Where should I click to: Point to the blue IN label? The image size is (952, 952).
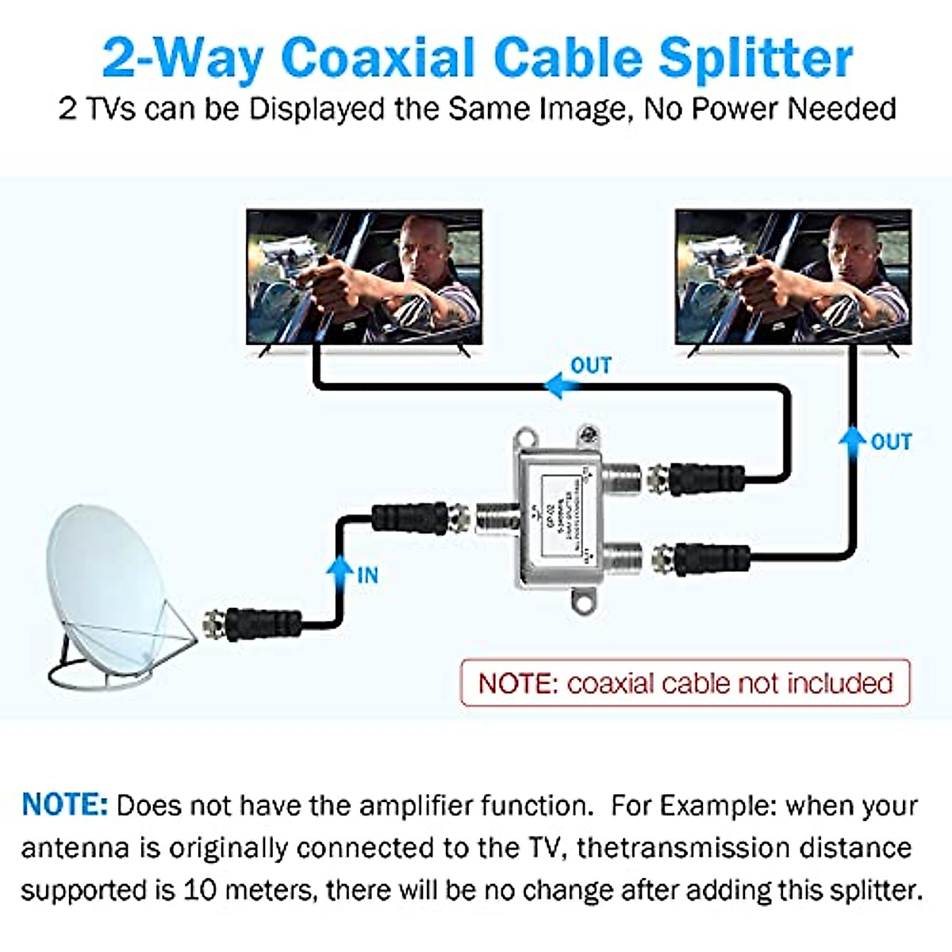coord(367,575)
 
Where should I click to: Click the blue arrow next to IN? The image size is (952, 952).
coord(340,570)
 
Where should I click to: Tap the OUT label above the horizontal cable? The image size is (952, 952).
coord(591,366)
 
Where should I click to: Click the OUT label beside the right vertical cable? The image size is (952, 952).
coord(891,442)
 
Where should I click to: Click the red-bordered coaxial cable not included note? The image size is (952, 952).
coord(685,683)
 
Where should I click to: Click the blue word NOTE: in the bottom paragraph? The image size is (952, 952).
coord(64,805)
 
